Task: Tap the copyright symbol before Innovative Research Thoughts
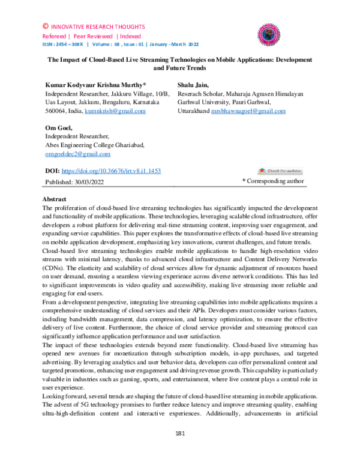point(46,27)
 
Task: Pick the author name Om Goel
point(59,128)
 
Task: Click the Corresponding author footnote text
point(272,181)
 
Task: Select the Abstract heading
point(58,199)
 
